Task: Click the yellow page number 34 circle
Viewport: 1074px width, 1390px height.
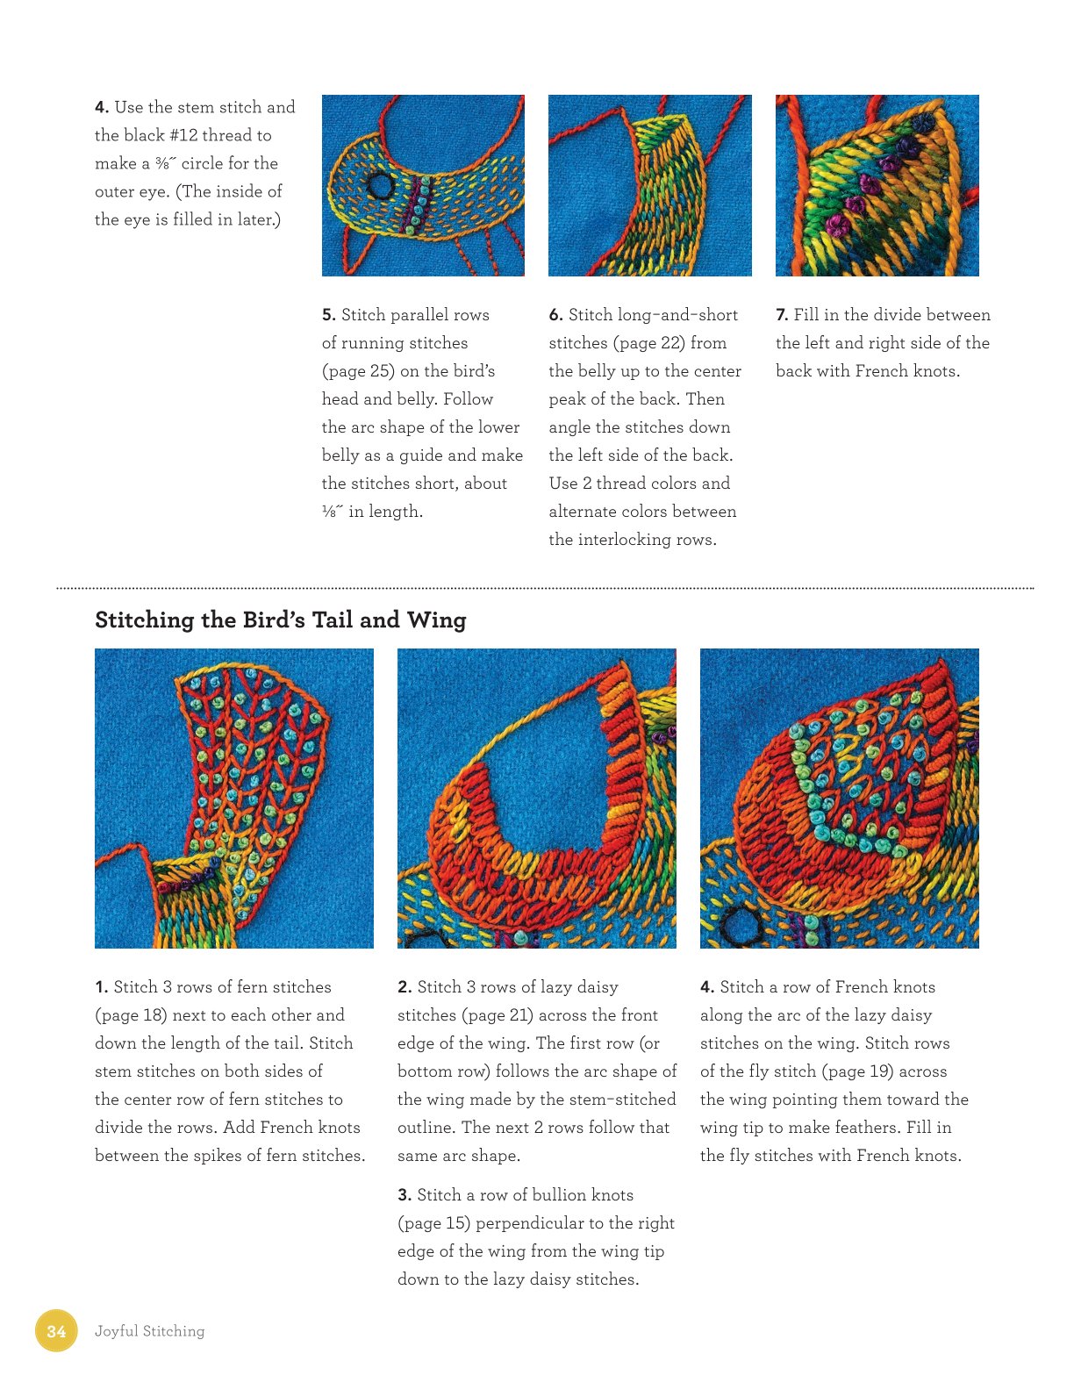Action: tap(56, 1330)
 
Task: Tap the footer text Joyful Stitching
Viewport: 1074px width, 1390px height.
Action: tap(150, 1331)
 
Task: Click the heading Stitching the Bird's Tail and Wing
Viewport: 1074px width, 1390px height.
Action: tap(280, 620)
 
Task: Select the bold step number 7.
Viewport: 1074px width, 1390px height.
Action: tap(781, 315)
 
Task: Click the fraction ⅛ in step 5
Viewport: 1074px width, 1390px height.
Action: tap(333, 512)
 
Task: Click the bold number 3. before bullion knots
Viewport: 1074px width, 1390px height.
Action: tap(405, 1195)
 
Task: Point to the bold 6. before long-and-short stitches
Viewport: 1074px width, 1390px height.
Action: tap(556, 315)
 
